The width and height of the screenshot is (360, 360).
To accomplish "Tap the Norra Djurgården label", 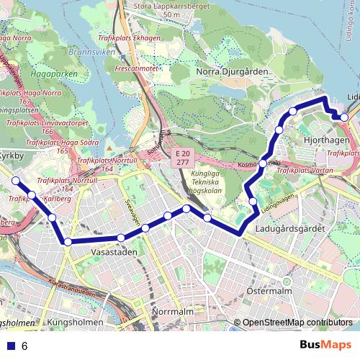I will click(x=232, y=72).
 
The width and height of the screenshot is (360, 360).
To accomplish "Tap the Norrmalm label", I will click(x=174, y=311).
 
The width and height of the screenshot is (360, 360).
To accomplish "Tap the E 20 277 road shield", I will click(x=183, y=159).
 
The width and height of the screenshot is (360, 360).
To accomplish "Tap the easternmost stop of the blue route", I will click(x=345, y=117).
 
